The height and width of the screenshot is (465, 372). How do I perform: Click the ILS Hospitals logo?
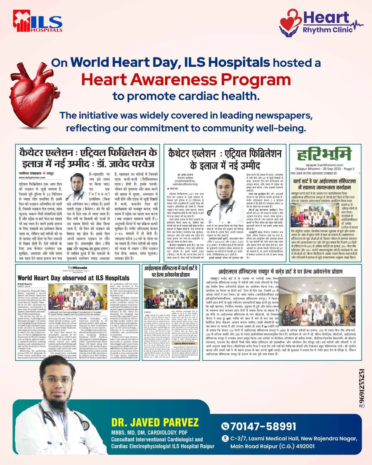tap(37, 21)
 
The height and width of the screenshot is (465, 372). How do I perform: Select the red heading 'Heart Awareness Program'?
tap(186, 79)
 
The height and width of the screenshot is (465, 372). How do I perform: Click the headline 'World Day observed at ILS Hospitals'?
tap(74, 278)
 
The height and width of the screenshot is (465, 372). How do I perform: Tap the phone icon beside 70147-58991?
tap(225, 426)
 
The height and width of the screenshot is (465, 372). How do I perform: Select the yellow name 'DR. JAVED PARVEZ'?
tap(155, 422)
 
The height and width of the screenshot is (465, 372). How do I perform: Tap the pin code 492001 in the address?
tap(305, 446)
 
